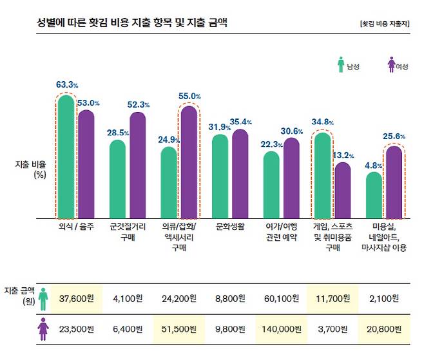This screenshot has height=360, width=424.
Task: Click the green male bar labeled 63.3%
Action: (x=66, y=158)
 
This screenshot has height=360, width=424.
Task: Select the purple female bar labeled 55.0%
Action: (x=188, y=162)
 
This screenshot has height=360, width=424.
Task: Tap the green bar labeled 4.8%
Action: (x=374, y=195)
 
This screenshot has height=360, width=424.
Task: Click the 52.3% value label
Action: (x=139, y=105)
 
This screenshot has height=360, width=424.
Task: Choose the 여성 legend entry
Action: (x=398, y=66)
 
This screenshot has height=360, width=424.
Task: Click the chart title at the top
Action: (x=132, y=23)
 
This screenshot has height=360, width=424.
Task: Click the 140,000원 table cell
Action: (x=281, y=329)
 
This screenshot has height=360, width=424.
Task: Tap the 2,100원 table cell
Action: (x=385, y=299)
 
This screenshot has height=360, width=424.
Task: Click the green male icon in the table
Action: (x=43, y=298)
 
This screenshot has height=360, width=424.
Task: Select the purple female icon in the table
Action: (x=43, y=329)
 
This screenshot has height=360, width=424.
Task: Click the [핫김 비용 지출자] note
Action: (x=385, y=24)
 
